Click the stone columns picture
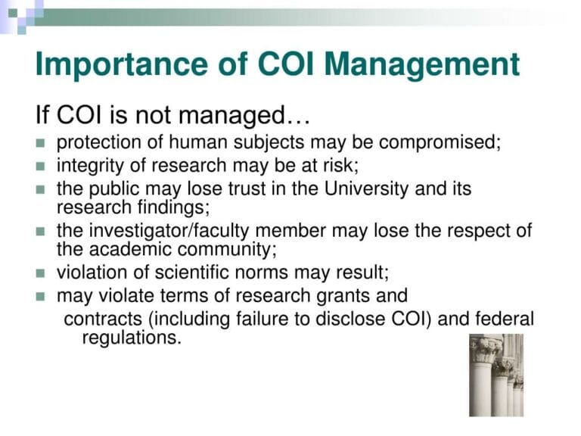coord(495,375)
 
